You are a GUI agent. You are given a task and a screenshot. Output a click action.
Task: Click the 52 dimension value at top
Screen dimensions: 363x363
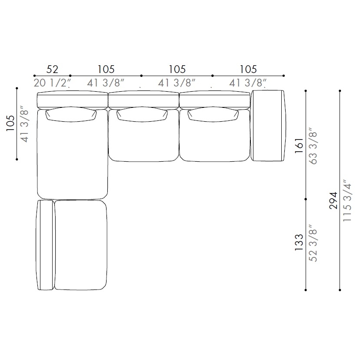(52, 69)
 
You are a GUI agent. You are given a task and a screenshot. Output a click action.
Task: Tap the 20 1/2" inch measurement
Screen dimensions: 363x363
(52, 83)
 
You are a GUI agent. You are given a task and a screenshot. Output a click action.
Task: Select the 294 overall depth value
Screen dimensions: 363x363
(333, 200)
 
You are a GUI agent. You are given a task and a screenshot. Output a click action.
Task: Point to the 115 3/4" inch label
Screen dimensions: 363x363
(347, 200)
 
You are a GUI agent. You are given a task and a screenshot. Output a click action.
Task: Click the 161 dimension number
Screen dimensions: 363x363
(299, 145)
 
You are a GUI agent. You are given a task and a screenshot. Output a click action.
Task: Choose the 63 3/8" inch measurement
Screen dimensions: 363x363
(313, 146)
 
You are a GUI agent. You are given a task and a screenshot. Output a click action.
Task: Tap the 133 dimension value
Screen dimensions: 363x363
(299, 243)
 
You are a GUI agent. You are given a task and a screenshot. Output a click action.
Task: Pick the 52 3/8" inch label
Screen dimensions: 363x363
(313, 243)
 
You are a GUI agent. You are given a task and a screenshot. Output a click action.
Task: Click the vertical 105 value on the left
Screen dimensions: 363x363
(10, 123)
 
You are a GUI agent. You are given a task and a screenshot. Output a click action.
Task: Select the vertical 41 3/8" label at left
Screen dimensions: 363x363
(24, 124)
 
